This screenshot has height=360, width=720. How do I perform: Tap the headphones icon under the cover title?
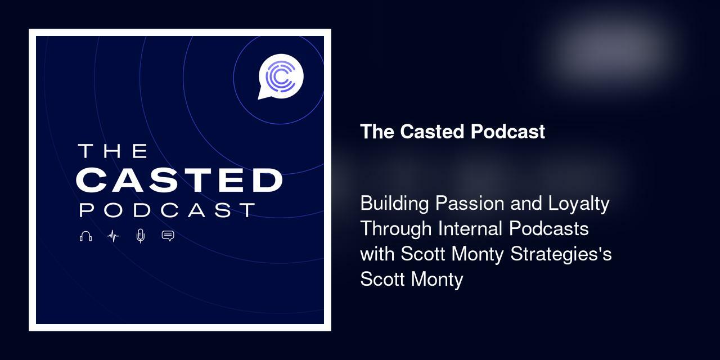(85, 236)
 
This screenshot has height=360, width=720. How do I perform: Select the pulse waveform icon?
(113, 236)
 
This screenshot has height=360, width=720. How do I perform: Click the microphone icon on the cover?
(141, 236)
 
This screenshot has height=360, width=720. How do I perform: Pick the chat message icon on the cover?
(168, 236)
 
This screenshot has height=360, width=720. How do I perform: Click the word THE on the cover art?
(112, 151)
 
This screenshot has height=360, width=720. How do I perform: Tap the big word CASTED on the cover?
(178, 180)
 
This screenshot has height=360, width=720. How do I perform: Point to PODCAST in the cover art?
(167, 210)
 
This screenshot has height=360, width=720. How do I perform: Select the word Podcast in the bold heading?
(508, 132)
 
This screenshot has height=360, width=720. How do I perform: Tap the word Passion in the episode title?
(470, 203)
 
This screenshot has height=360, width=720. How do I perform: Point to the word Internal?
(470, 229)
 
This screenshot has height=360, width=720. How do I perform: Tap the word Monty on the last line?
(437, 280)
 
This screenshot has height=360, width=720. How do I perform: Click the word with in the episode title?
(377, 254)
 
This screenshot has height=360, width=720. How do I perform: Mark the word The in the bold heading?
(377, 132)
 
